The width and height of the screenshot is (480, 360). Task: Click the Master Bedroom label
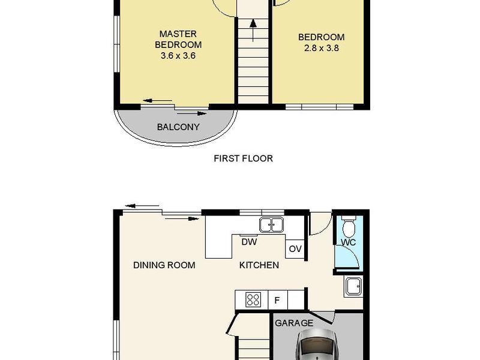[178, 39]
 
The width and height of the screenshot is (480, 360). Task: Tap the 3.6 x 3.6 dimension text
[178, 56]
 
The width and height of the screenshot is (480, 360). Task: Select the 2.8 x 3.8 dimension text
[322, 48]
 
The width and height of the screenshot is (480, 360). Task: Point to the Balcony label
[178, 127]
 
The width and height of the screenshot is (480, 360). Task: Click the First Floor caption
[244, 158]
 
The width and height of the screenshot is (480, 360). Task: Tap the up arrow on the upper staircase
[253, 31]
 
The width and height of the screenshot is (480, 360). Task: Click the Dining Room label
[164, 265]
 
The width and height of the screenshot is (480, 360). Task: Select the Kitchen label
[259, 265]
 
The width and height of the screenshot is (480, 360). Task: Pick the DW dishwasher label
[249, 242]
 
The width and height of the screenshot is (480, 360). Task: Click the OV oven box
[295, 249]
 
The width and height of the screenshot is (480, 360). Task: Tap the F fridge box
[278, 300]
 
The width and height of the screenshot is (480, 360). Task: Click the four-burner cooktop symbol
[253, 299]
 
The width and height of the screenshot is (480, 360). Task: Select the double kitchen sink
[272, 224]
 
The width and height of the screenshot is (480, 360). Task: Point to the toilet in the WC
[349, 227]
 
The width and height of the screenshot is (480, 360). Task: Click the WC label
[349, 242]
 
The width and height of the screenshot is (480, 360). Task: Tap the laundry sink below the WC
[353, 287]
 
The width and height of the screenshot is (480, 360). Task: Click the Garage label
[294, 323]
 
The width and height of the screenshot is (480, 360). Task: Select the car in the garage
[317, 344]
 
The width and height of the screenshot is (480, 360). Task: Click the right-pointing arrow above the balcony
[192, 113]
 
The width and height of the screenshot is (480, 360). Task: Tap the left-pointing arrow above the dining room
[142, 206]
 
